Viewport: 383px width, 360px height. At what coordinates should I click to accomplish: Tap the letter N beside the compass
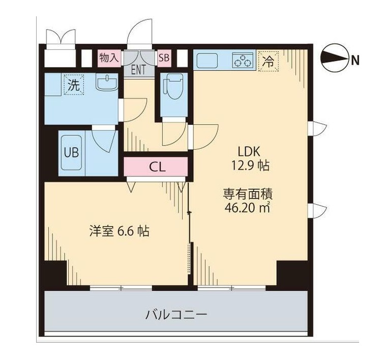355,61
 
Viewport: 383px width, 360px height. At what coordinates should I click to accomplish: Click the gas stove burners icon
244,61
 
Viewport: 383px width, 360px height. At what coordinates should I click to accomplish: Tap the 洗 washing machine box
73,85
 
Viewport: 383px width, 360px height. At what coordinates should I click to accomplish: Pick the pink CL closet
156,166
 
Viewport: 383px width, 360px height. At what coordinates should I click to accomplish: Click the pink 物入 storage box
109,57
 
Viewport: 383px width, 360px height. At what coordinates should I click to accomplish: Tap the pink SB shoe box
164,58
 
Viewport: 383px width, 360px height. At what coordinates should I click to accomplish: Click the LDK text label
249,152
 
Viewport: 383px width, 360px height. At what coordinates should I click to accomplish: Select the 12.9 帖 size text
249,166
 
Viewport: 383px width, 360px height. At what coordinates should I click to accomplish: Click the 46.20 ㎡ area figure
249,207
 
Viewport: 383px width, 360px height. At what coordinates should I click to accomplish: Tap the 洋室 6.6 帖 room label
119,231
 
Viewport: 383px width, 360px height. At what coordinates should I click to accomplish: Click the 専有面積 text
249,194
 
